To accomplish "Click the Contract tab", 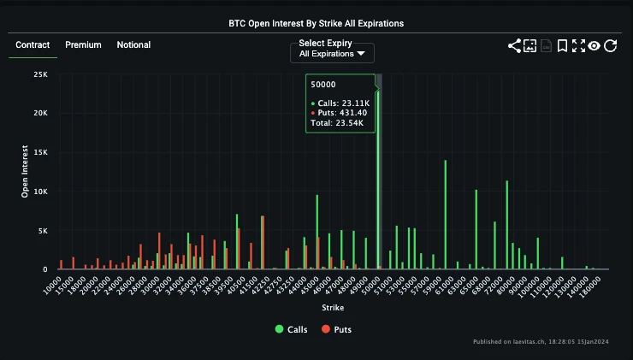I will tap(33, 45).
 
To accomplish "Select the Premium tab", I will tap(83, 45).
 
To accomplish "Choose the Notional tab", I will tap(133, 45).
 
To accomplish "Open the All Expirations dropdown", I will tap(332, 54).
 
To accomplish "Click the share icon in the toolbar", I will tap(514, 46).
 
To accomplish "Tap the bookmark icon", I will tap(562, 46).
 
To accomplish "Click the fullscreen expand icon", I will tap(578, 46).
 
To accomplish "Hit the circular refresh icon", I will tap(610, 46).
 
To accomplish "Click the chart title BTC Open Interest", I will tap(316, 23).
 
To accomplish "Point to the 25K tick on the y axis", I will tap(40, 75).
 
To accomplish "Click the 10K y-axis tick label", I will tap(40, 192).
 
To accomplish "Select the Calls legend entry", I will tap(292, 329).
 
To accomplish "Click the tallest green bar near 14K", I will tap(445, 214).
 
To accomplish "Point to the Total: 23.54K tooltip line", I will tap(337, 123).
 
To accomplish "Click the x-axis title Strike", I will tap(333, 307).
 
